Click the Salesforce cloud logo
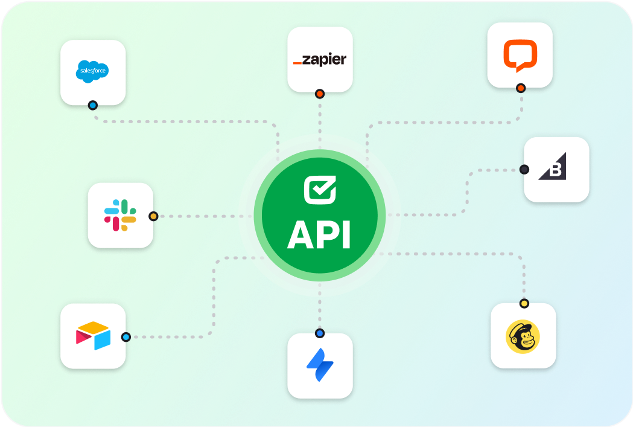[x=93, y=71]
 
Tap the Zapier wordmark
[x=320, y=60]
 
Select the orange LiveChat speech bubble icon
[x=520, y=55]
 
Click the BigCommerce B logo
[x=554, y=169]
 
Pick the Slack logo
[x=120, y=215]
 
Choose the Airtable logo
[x=93, y=336]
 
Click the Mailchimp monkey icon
[x=523, y=336]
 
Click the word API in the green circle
[x=319, y=236]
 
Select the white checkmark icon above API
[x=319, y=189]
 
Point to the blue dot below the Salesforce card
[x=92, y=105]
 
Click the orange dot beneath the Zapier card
[x=320, y=94]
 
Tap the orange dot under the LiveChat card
[x=521, y=88]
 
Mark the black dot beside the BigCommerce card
[x=524, y=170]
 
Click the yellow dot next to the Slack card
[x=153, y=216]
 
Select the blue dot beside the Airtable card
[x=126, y=337]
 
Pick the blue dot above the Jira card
[x=320, y=333]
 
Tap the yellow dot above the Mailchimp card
[x=524, y=303]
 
